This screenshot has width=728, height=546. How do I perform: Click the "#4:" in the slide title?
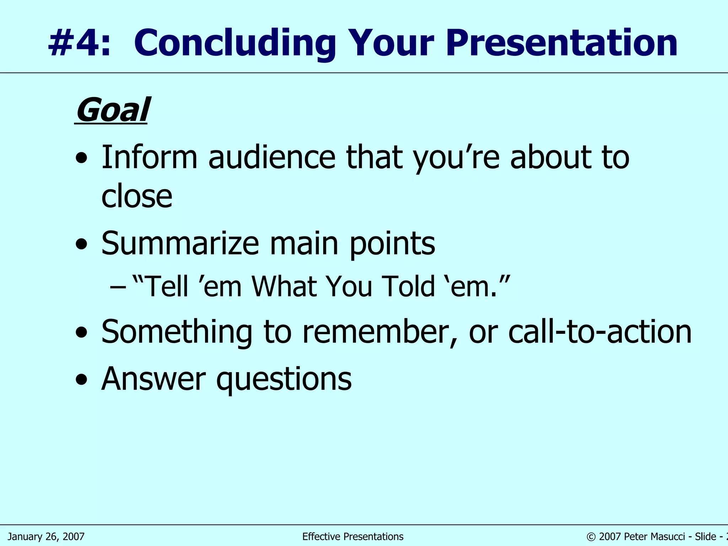pyautogui.click(x=79, y=43)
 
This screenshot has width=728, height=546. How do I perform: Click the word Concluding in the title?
pyautogui.click(x=235, y=43)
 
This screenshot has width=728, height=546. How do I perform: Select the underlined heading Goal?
pyautogui.click(x=112, y=110)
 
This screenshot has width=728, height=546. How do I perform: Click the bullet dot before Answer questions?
pyautogui.click(x=81, y=380)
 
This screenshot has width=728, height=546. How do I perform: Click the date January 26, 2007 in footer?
pyautogui.click(x=46, y=536)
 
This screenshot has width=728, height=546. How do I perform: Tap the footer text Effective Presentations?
pyautogui.click(x=353, y=536)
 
